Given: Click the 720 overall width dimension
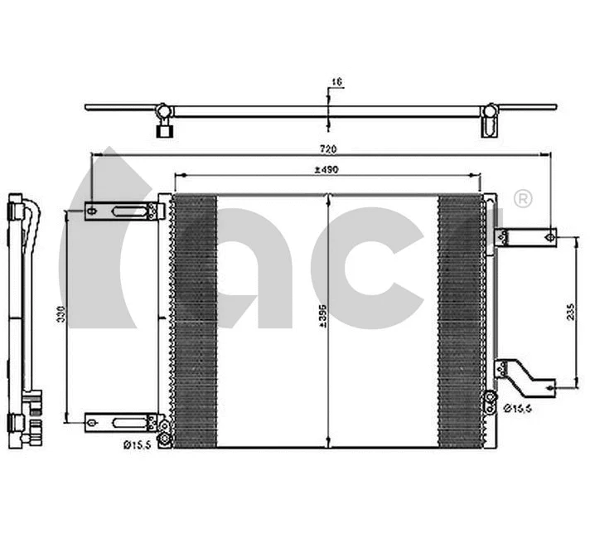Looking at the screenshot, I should click(327, 148).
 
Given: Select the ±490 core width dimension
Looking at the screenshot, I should click(327, 170).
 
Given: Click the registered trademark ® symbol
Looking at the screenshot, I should click(522, 199).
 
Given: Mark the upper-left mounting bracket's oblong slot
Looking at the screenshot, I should click(127, 212).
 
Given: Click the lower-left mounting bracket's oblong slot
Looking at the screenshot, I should click(127, 421).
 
